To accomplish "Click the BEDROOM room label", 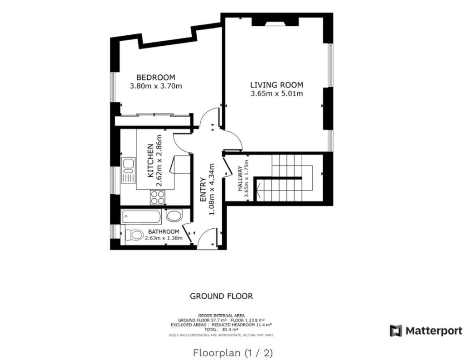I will pos(155,77).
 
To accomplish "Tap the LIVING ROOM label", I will pos(276,85).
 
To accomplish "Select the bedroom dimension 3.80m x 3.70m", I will pos(155,86).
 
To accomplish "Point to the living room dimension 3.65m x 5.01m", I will pos(276,94).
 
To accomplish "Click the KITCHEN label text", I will pos(150,161).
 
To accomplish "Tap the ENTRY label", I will pos(203,189).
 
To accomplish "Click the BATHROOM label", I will pos(163,231).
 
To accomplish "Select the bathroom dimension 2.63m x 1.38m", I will pos(163,238).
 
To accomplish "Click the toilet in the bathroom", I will pos(133,235).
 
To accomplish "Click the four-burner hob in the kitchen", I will pos(158,197).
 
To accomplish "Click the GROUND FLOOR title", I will pos(221,296).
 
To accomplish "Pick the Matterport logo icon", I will pos(396,331).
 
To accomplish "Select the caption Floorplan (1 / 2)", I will pos(233,352).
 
